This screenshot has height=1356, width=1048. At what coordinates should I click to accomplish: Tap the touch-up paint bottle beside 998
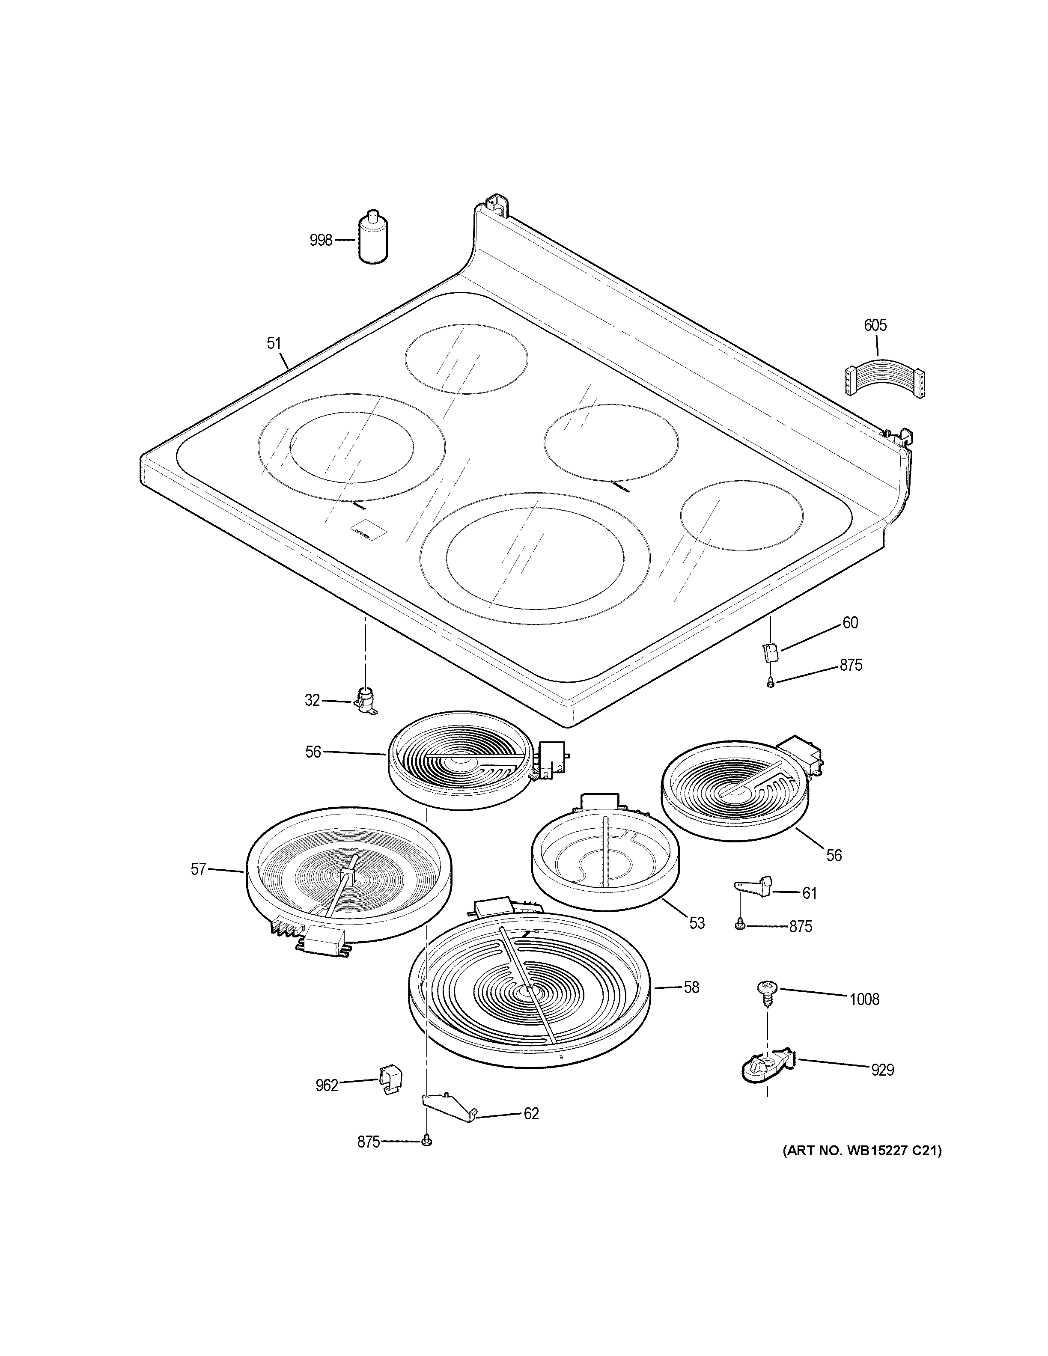373,239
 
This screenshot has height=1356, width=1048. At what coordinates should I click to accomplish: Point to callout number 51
274,343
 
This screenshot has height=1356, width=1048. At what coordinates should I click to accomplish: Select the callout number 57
198,869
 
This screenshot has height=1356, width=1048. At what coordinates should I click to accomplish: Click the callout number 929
882,1070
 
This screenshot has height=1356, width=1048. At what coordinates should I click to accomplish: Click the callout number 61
809,893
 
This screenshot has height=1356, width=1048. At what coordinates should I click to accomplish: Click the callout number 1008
864,999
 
